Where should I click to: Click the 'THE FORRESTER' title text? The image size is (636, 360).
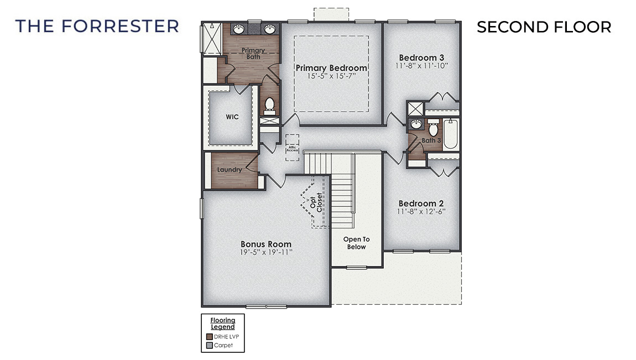tap(97, 26)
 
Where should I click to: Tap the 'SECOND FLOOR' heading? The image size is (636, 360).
tap(544, 27)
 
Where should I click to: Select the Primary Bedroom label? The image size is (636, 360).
tap(331, 68)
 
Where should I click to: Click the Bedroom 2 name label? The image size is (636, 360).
tap(421, 204)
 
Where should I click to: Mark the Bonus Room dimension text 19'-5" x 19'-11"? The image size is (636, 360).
tap(265, 252)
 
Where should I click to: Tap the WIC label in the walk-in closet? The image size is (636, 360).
tap(232, 117)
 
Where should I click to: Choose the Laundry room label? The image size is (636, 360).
tap(230, 170)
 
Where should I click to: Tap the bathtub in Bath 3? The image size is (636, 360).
tap(451, 135)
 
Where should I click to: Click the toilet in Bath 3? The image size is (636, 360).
tap(433, 129)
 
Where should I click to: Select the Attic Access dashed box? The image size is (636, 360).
tap(292, 147)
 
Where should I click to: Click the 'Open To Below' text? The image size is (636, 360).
tap(356, 243)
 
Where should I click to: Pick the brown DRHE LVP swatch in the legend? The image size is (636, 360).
tap(210, 336)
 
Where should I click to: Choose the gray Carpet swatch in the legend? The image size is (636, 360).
tap(210, 346)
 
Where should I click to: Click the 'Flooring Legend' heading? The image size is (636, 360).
tap(223, 324)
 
